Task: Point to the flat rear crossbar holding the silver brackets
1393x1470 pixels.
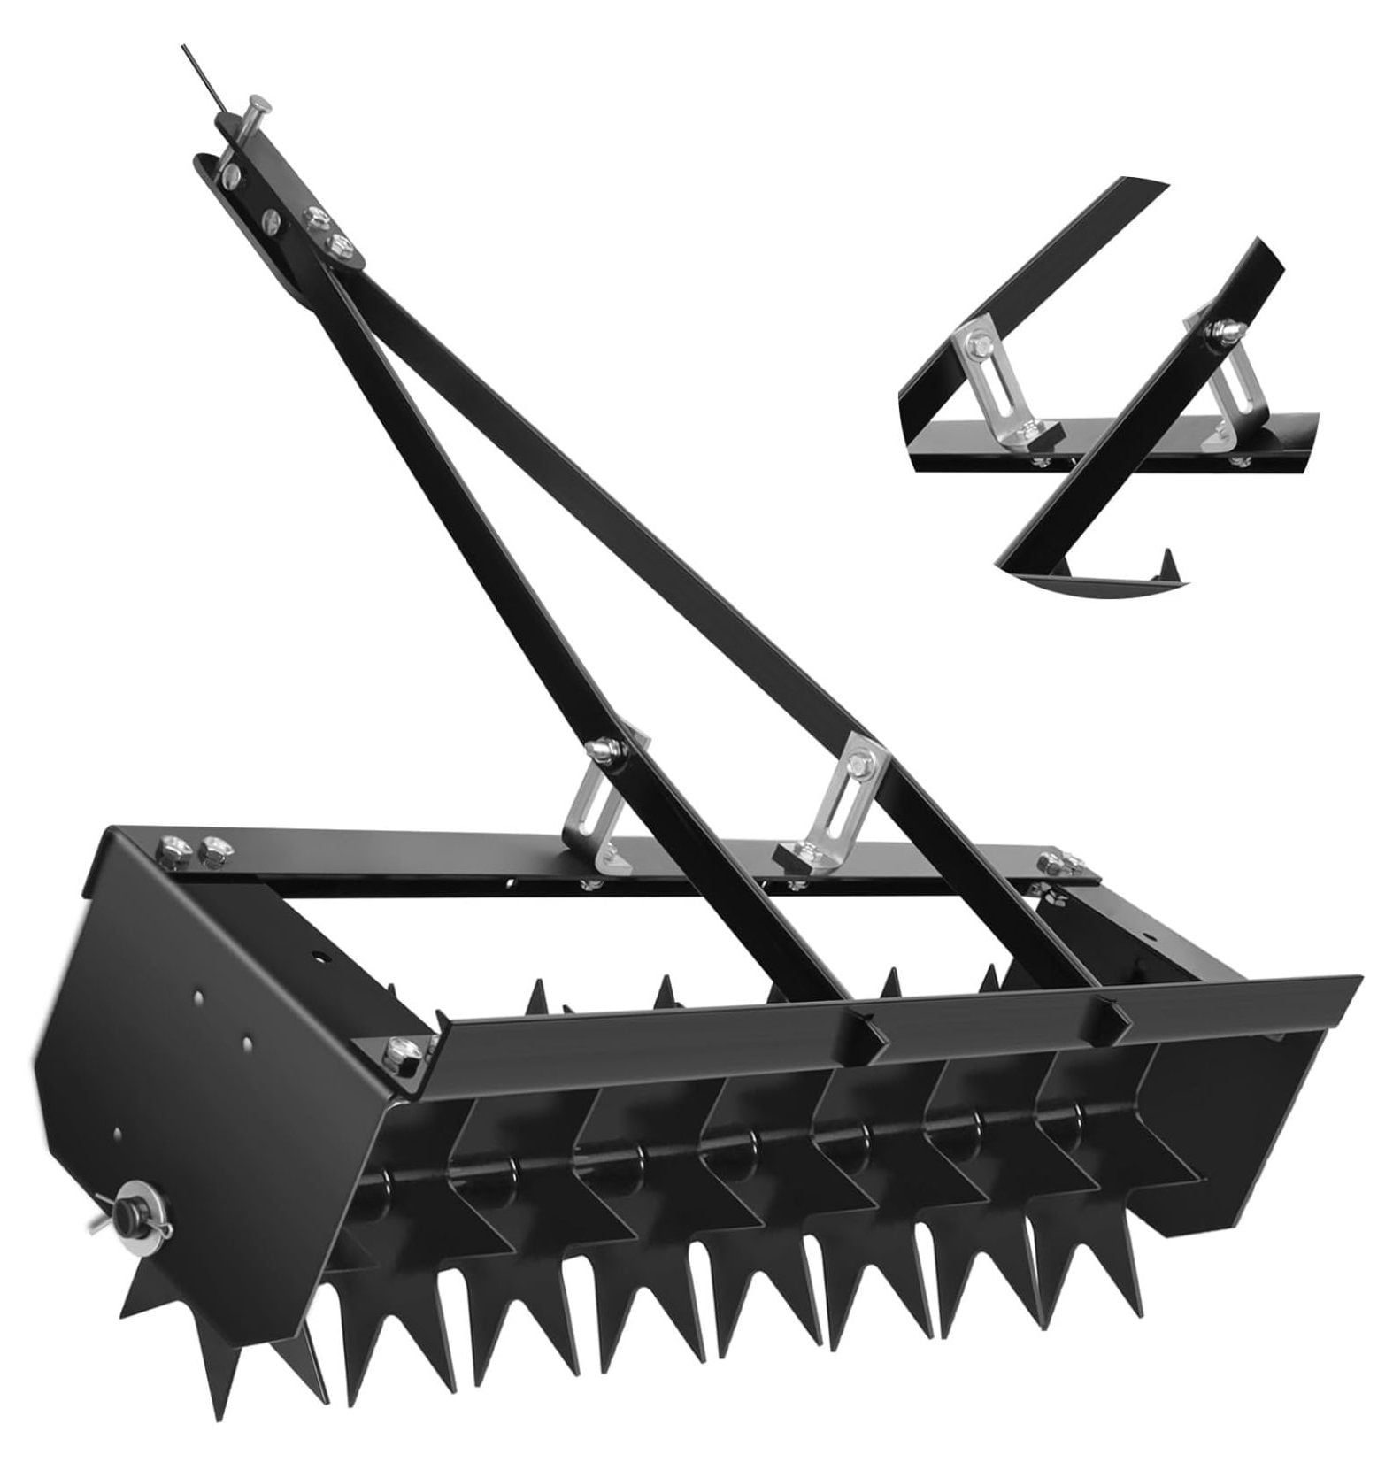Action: pyautogui.click(x=620, y=850)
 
